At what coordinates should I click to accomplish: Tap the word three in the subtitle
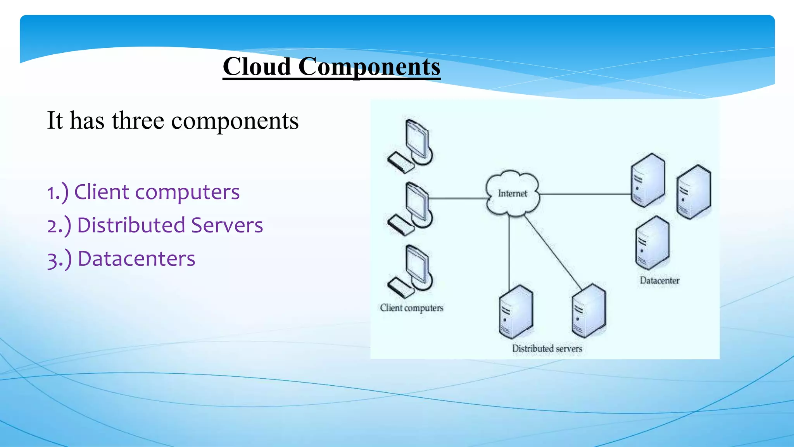(x=138, y=120)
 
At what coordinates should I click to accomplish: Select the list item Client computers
(x=143, y=192)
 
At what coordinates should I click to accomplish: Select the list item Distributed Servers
(x=155, y=225)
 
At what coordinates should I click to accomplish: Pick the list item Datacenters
(x=121, y=259)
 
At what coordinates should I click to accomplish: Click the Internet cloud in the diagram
(x=512, y=193)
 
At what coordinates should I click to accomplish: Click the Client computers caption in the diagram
(x=411, y=308)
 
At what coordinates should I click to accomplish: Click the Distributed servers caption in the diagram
(x=547, y=348)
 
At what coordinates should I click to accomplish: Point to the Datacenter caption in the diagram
(x=659, y=281)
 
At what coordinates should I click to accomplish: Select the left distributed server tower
(x=516, y=312)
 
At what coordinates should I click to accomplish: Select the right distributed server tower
(x=589, y=310)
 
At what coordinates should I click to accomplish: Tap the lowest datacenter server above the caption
(x=652, y=243)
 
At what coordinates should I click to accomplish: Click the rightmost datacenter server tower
(x=694, y=192)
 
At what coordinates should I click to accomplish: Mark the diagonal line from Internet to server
(x=552, y=252)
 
